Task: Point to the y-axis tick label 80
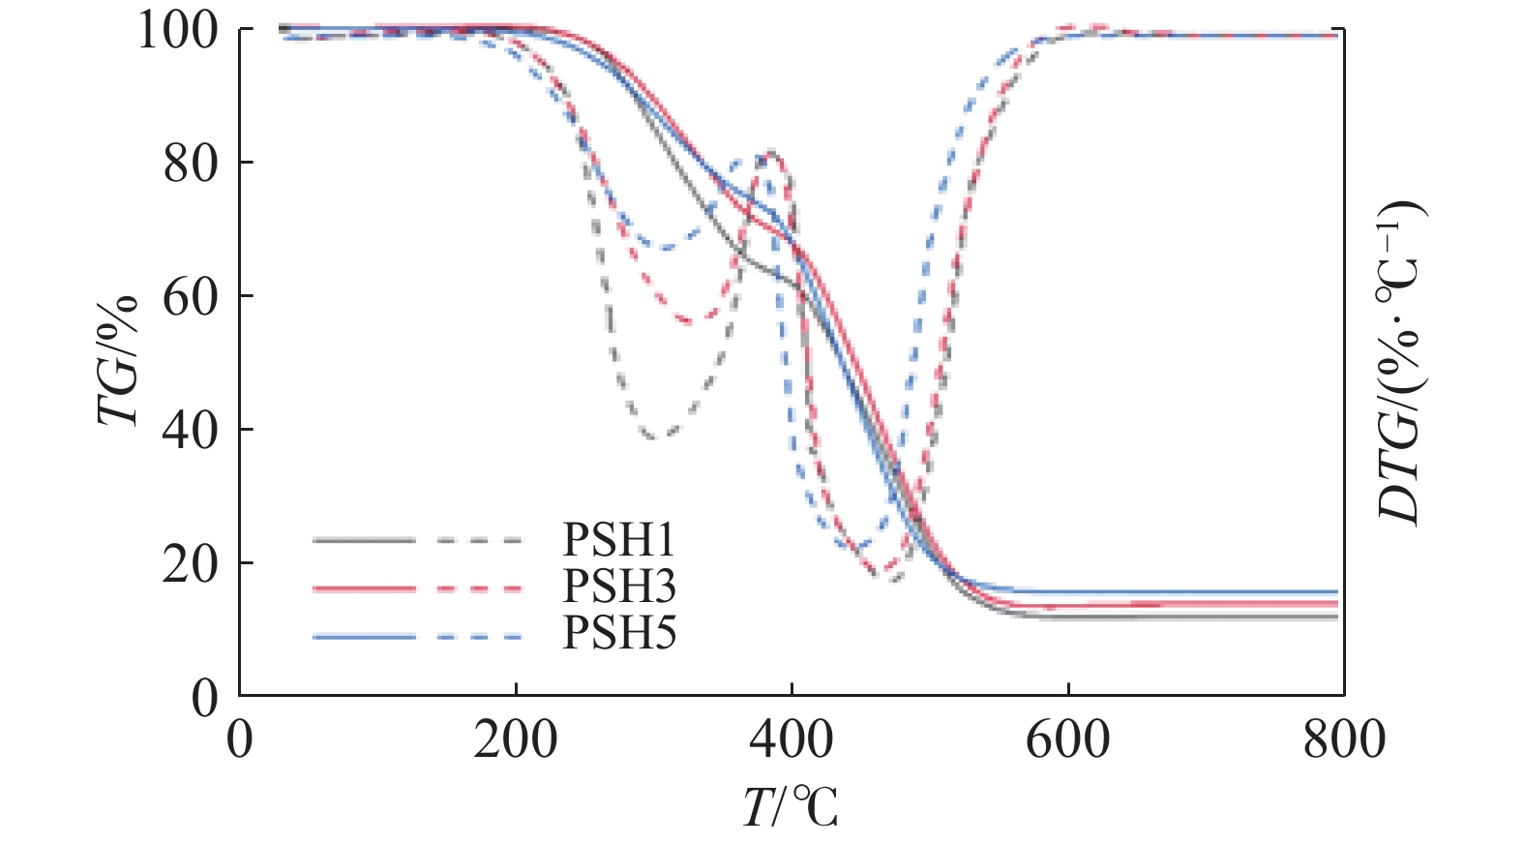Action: tap(191, 164)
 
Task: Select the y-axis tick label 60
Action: tap(191, 297)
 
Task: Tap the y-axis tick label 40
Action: tap(191, 431)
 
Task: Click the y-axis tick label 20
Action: tap(191, 564)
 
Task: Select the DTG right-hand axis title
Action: tap(1400, 363)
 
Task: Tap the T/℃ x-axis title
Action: tap(791, 806)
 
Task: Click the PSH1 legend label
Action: tap(619, 540)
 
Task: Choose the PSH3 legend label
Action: tap(619, 586)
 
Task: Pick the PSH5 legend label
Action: tap(619, 633)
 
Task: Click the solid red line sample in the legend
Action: tap(363, 588)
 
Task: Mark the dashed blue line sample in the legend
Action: tap(479, 637)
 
